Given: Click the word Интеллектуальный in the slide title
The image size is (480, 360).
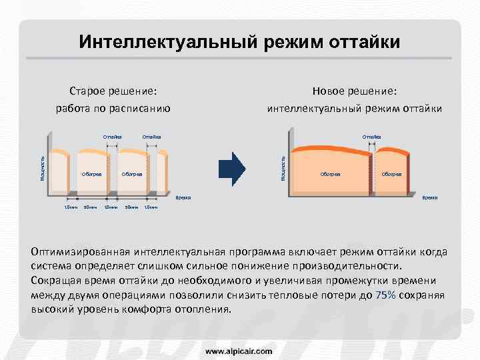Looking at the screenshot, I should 167,43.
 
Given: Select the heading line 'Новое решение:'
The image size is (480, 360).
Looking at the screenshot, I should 355,91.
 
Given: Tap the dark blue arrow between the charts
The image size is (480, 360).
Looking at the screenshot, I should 233,168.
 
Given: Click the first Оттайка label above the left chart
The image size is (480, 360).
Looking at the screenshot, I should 113,137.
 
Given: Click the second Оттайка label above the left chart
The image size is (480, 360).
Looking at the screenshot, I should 152,137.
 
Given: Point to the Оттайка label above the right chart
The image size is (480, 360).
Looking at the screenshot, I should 371,137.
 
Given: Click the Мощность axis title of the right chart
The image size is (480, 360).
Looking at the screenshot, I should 283,167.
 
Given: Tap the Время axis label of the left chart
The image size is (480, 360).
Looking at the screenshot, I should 183,198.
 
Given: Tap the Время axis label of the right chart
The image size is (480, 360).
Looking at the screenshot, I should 429,198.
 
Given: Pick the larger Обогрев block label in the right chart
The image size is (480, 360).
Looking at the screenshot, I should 331,174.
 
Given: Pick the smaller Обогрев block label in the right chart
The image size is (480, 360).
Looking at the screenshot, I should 391,174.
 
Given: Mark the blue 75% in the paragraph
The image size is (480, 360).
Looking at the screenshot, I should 386,295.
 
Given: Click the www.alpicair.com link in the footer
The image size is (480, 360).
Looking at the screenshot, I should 239,350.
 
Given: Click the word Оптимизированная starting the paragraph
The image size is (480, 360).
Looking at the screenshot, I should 81,252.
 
